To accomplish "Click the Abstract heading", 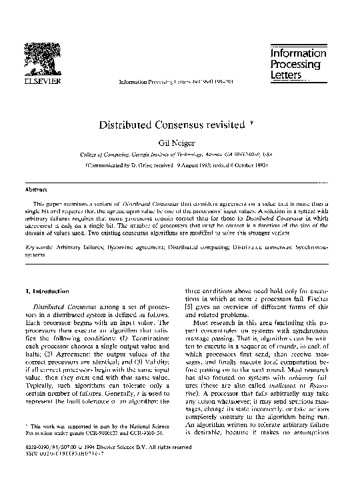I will (x=35, y=189).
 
